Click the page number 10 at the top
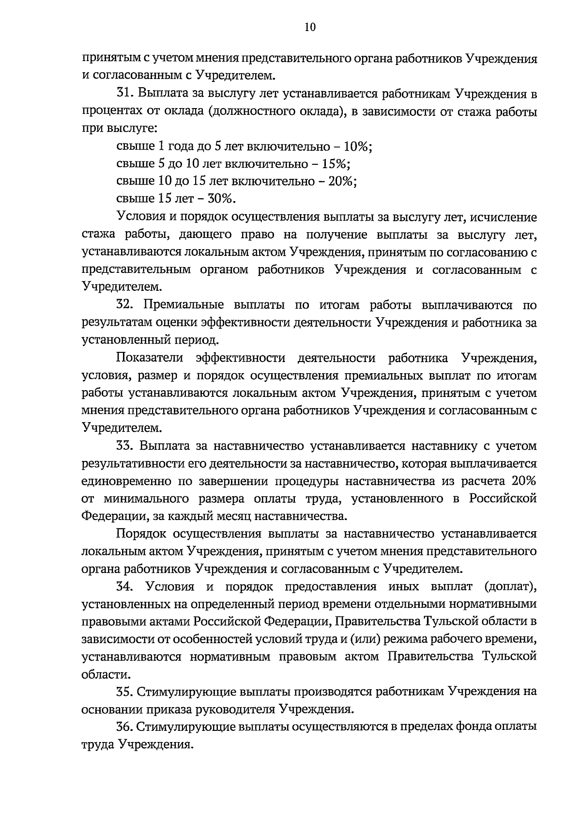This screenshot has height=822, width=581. coord(310,28)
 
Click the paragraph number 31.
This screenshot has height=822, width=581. coord(125,94)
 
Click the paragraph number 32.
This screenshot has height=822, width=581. coord(125,305)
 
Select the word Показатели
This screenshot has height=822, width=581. coord(150,358)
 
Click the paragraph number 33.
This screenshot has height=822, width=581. coord(125,446)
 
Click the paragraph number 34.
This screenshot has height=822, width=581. coord(125,587)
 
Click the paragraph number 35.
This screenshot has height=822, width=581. coord(125,692)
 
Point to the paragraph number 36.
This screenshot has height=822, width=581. coord(125,727)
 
